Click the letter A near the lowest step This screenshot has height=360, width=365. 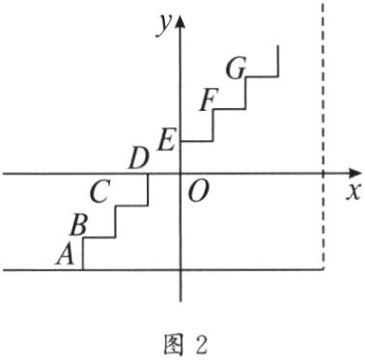(x=66, y=254)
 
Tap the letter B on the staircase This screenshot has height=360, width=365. (x=80, y=225)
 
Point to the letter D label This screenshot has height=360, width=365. (x=138, y=156)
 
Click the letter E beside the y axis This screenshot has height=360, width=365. (x=165, y=141)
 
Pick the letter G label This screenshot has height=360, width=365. (x=236, y=69)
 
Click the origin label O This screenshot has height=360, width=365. (x=198, y=191)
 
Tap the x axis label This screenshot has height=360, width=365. (x=352, y=190)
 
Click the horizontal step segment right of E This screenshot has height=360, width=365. (x=197, y=141)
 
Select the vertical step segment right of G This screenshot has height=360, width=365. (x=278, y=61)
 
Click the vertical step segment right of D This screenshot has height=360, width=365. (x=148, y=189)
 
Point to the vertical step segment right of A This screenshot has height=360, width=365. (x=83, y=255)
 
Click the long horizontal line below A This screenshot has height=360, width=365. (x=193, y=270)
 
